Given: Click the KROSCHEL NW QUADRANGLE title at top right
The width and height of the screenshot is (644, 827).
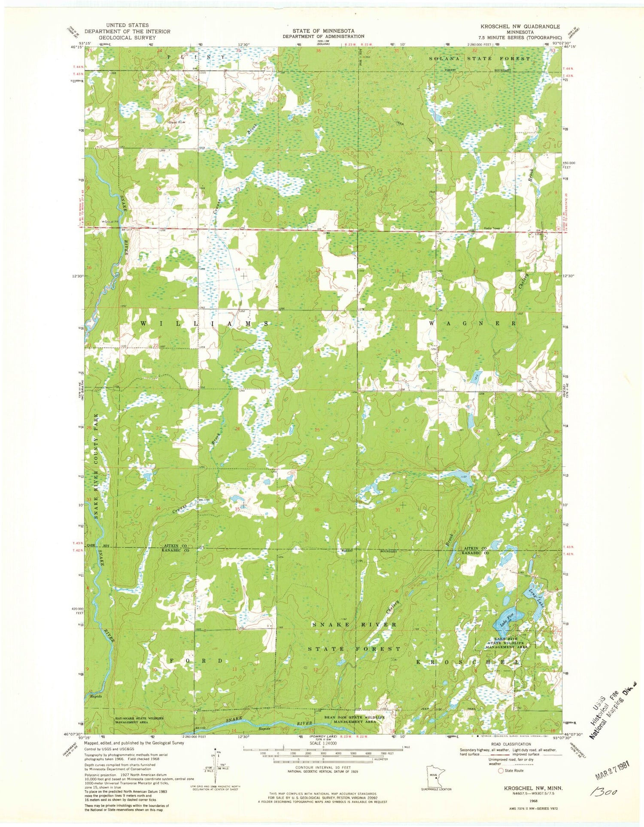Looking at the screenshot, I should pyautogui.click(x=514, y=27).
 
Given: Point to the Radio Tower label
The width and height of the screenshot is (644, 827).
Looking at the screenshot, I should pyautogui.click(x=492, y=228).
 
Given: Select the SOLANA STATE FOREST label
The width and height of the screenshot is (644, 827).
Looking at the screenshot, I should pyautogui.click(x=480, y=58).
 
